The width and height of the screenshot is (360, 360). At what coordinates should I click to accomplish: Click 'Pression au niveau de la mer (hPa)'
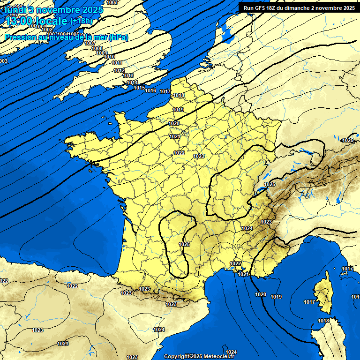point(66,37)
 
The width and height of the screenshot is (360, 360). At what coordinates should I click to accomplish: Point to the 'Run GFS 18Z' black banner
point(299,7)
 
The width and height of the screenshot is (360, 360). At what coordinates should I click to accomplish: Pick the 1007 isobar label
point(90,43)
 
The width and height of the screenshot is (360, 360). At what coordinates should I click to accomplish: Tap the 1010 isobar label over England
point(109,57)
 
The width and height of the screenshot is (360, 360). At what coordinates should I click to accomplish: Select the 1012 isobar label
point(119,70)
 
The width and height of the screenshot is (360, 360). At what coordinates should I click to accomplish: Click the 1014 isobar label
point(132,82)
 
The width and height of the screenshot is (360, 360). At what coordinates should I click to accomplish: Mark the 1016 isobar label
point(150,90)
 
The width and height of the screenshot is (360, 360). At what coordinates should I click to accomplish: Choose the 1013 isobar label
point(128,75)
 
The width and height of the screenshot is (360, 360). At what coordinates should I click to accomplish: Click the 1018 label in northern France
point(179,95)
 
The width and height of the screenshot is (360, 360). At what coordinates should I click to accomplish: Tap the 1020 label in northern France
point(174,123)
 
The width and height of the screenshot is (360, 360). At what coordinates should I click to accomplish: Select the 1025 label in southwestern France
point(184,244)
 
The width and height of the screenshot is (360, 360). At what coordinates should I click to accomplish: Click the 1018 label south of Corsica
point(323,321)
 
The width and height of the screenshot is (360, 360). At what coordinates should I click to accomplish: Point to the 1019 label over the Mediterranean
point(276,297)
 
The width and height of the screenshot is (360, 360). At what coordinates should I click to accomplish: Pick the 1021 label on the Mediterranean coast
point(243,274)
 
